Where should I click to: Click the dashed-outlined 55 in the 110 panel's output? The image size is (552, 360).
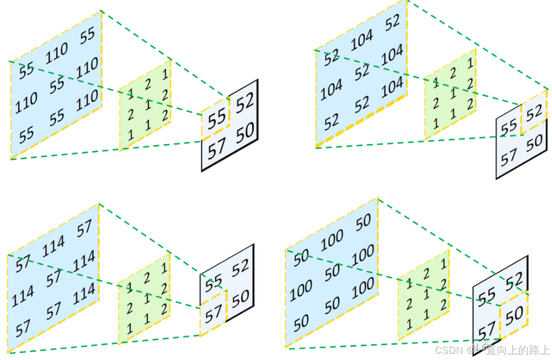tap(216, 119)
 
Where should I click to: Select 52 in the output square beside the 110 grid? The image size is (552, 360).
tap(245, 103)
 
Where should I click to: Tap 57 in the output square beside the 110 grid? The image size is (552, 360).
tap(216, 149)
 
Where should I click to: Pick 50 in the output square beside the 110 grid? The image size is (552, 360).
tap(245, 134)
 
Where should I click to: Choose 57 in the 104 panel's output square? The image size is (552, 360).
tap(508, 157)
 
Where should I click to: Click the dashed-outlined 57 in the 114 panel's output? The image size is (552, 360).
tap(213, 314)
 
